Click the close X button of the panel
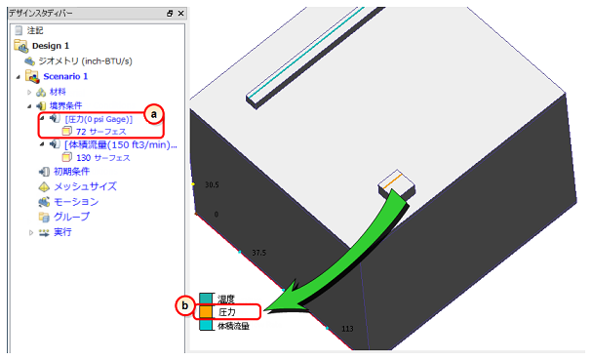point(180,14)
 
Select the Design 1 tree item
point(51,46)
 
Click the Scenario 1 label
point(65,76)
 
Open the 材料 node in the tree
point(58,92)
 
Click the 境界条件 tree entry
point(65,105)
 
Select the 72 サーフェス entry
point(100,132)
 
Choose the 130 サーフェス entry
point(103,158)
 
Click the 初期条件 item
point(71,172)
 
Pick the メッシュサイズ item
point(85,186)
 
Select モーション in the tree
point(76,202)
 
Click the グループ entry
point(71,217)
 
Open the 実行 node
point(62,232)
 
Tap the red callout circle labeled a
point(154,114)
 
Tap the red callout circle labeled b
point(185,305)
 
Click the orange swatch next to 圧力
point(206,312)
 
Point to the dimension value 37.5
point(259,253)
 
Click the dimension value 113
point(347,329)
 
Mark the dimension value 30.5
point(212,184)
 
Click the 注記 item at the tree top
point(35,30)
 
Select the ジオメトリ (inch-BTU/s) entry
point(85,61)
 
